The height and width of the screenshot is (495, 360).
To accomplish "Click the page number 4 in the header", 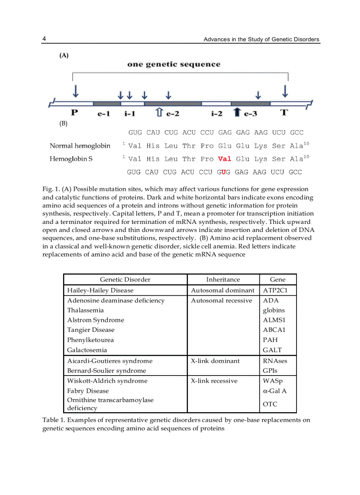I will click(44, 39).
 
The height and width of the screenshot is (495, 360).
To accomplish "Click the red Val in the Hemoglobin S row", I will click(225, 159).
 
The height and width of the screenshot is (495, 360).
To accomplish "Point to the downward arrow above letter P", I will click(76, 91).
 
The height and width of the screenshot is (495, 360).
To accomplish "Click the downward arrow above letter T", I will click(285, 91).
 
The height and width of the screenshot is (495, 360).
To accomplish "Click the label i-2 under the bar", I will click(216, 114).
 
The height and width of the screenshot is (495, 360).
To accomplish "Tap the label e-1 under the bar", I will click(103, 114).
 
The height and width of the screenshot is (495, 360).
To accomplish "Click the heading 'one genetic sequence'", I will click(174, 64).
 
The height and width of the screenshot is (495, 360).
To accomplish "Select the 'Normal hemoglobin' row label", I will click(80, 146).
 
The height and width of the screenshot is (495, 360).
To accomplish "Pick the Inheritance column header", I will click(223, 279).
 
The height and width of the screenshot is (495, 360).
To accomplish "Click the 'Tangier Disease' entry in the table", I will click(91, 330).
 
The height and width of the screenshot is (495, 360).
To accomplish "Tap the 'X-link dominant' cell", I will click(215, 361).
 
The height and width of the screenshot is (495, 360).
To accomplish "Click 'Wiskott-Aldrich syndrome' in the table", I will click(107, 380).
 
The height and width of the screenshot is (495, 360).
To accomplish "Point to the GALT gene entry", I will click(272, 350).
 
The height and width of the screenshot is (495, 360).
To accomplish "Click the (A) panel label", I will click(64, 56).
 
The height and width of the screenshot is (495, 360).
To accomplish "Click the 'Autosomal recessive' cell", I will click(221, 301).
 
